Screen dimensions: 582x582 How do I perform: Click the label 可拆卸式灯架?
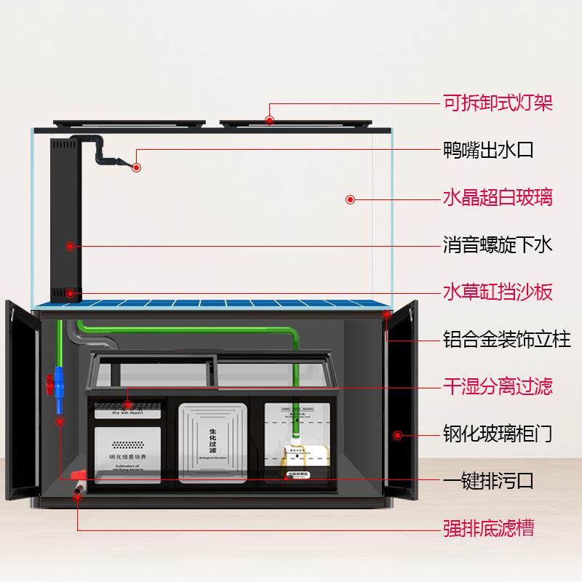(x=498, y=103)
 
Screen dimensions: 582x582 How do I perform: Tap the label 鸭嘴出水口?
(x=488, y=151)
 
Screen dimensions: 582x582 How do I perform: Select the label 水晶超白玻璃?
(x=498, y=197)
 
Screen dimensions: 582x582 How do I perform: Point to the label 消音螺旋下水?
(x=498, y=244)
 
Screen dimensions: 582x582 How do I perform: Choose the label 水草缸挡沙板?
(x=498, y=292)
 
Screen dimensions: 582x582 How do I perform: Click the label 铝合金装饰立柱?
(x=507, y=339)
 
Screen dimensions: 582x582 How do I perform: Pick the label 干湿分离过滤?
(x=498, y=386)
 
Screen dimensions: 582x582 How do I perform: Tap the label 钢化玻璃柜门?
(x=498, y=434)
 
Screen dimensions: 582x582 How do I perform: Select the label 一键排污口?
(x=488, y=480)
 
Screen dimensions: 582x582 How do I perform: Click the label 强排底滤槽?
(x=488, y=527)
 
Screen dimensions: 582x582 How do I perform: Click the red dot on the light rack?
(x=270, y=121)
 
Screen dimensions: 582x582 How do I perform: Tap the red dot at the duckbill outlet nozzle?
(x=136, y=167)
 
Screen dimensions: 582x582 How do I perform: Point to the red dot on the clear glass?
(x=350, y=199)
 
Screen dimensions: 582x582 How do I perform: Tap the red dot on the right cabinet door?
(x=397, y=435)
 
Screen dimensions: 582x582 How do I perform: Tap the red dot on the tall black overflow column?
(x=70, y=246)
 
